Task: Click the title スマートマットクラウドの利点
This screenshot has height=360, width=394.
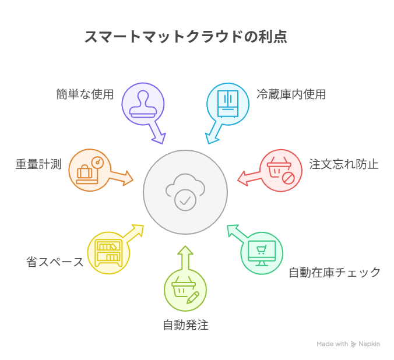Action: coord(185,37)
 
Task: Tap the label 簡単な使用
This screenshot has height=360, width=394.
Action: coord(85,94)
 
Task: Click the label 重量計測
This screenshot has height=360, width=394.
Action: coord(38,164)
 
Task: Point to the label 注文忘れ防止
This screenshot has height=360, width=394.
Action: coord(344,164)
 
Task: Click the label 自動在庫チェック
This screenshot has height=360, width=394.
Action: coord(335,272)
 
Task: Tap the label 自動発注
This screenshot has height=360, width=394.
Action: coord(185,325)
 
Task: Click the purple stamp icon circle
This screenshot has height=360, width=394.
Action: coord(143,104)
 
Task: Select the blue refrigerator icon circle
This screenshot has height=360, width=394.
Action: coord(228,104)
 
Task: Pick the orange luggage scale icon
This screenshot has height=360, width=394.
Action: coord(90,170)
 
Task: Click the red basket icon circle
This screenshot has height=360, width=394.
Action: coord(280,170)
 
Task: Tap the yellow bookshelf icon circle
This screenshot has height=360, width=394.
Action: coord(108,253)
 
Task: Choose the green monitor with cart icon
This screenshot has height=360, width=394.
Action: coord(262,253)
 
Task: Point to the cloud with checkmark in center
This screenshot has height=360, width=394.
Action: coord(185,192)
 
